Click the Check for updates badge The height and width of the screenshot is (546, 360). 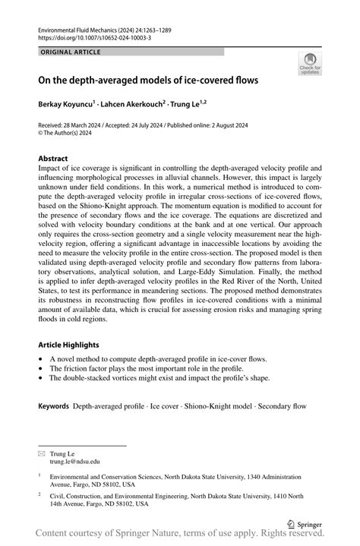click(309, 65)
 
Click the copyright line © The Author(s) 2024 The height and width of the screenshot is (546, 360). click(72, 133)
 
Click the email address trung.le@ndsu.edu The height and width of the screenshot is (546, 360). click(75, 461)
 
